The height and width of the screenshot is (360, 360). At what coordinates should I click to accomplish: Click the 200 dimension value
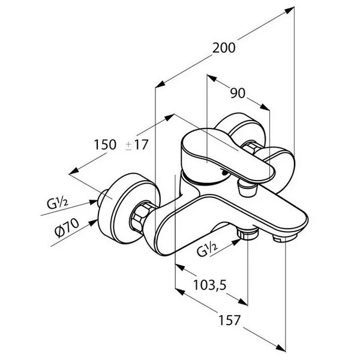click(x=224, y=48)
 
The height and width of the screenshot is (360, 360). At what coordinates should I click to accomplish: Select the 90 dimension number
click(x=238, y=93)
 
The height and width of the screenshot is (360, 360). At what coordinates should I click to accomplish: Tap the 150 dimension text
click(x=105, y=145)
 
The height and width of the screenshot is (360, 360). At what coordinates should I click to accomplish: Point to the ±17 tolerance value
click(x=137, y=145)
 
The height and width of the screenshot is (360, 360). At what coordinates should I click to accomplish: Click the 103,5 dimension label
click(x=210, y=285)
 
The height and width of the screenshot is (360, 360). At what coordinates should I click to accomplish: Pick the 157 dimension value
click(x=229, y=320)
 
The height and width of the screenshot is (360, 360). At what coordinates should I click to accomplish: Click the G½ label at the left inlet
click(x=58, y=203)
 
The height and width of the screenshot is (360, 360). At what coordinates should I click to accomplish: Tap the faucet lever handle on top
click(x=227, y=155)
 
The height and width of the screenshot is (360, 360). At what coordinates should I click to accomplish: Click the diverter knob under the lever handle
click(x=248, y=187)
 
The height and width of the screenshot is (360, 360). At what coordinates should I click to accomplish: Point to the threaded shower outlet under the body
click(x=247, y=233)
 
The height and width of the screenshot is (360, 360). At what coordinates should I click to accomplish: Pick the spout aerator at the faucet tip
click(x=284, y=238)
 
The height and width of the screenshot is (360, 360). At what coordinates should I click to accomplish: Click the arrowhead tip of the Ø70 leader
click(x=97, y=220)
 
